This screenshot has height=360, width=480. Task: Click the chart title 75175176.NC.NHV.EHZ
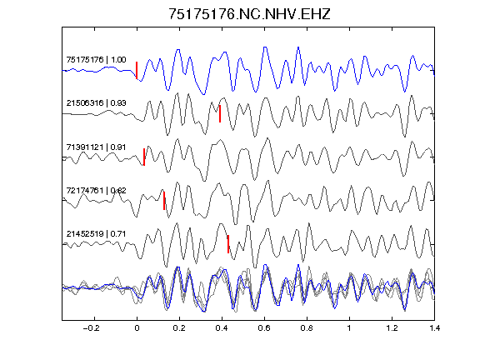point(249,14)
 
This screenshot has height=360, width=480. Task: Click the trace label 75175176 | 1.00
point(96,59)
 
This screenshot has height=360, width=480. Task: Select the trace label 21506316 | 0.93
point(96,102)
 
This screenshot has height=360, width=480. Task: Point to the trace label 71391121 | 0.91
point(96,147)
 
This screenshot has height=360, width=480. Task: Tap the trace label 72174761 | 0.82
point(96,190)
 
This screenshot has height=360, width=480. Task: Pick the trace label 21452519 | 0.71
point(96,234)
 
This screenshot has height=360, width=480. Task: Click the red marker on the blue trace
point(137,70)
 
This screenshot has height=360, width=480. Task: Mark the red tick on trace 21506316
point(220,113)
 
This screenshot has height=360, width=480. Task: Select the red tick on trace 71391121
point(144,157)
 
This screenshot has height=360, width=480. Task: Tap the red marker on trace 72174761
point(164,201)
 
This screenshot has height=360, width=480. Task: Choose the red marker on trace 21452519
point(228,244)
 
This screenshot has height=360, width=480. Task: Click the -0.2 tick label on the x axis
point(91,328)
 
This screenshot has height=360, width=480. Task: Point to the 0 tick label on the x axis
point(137,328)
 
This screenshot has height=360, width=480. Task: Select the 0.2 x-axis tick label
point(179,328)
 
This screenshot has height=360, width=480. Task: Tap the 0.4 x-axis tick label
point(222,328)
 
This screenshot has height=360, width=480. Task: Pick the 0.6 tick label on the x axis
point(264,328)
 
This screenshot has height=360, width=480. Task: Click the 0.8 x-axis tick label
point(307,328)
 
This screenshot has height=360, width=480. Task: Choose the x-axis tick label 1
point(349,328)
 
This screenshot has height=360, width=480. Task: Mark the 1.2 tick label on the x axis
point(392,328)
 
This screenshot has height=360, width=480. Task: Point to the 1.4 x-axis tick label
point(434,328)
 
